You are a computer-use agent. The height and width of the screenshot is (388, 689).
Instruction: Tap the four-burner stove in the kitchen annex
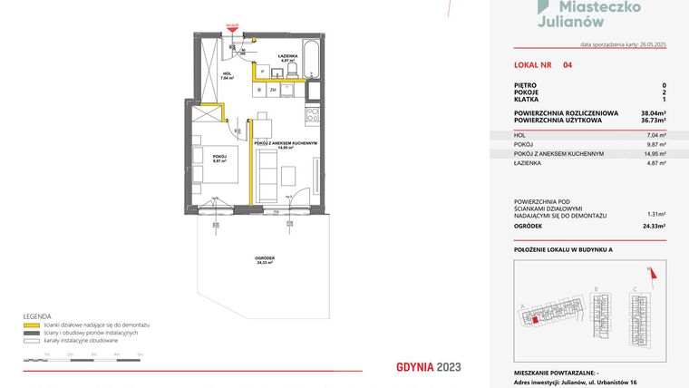pos(312,115)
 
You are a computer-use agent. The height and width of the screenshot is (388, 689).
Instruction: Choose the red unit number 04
pos(567,65)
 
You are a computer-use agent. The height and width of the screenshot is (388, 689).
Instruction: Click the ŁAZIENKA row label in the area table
pos(529,163)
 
